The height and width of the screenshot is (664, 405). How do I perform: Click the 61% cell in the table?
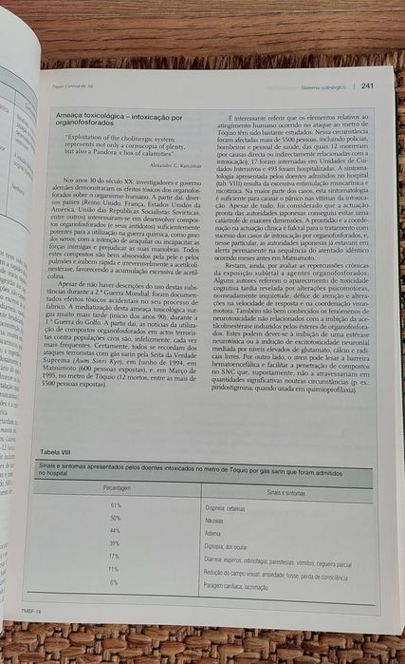click(115, 505)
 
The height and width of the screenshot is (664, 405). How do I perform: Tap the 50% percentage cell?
click(115, 518)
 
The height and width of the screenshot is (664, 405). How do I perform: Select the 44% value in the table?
click(115, 530)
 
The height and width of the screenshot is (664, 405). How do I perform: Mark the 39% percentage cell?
click(114, 542)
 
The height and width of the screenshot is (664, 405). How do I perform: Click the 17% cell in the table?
click(114, 556)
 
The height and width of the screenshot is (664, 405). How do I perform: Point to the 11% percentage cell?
click(114, 568)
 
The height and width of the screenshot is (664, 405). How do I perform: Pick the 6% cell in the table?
click(114, 580)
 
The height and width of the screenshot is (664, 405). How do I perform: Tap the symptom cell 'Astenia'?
click(213, 534)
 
